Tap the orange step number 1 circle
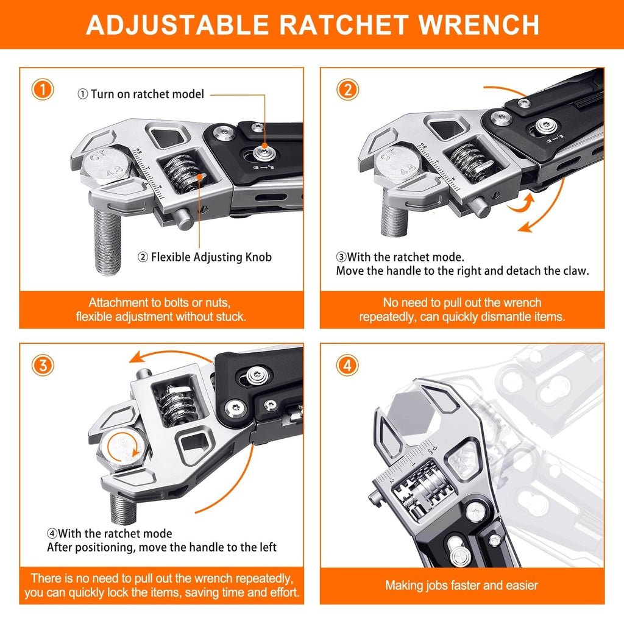(43, 90)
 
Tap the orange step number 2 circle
(347, 90)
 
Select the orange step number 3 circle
(43, 365)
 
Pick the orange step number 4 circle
(347, 365)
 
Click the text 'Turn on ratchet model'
(147, 94)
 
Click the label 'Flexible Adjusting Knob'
(211, 257)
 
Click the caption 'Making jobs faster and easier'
(461, 586)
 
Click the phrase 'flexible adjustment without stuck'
(161, 316)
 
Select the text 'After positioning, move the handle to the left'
(162, 547)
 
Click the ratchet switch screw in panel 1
(264, 149)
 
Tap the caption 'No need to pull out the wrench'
(461, 302)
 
